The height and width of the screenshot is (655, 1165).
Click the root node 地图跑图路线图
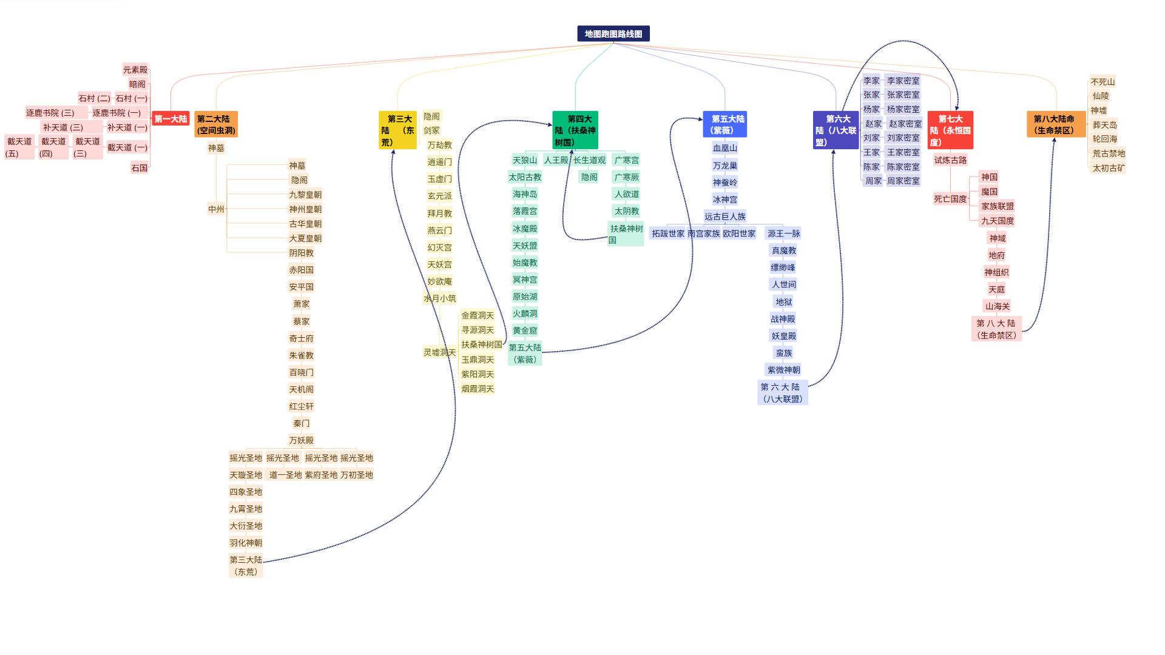613,34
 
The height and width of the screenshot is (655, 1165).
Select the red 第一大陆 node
171,119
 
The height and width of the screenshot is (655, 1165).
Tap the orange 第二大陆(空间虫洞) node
216,124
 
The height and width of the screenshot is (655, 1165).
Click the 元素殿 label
135,70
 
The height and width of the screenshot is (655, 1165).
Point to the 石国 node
140,168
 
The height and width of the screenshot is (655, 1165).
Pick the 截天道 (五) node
19,147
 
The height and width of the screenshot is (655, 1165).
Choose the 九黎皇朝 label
305,195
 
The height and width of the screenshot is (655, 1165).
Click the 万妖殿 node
301,440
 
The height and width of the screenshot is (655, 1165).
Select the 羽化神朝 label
246,543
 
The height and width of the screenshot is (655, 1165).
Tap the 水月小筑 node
440,298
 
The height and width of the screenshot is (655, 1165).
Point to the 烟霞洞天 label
478,389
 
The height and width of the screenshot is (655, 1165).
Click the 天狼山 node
525,160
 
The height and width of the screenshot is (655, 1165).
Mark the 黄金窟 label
525,331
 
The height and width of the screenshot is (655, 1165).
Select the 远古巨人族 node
725,217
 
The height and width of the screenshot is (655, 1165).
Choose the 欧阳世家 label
739,233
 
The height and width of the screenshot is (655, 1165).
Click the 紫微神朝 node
783,370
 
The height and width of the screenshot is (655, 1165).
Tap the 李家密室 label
903,81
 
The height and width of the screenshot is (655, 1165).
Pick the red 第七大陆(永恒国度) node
950,130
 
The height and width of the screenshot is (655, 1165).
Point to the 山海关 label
998,306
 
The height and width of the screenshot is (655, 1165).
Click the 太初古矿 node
1109,168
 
